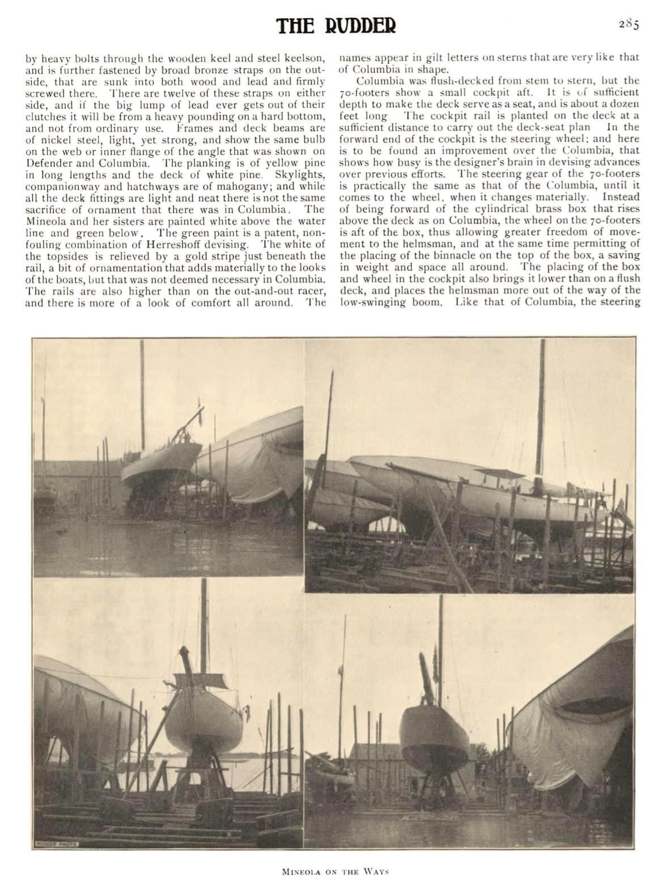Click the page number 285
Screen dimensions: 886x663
628,24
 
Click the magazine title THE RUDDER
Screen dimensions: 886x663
337,25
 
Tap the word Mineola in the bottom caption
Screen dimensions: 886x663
301,871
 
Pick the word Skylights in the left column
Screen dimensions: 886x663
300,174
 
